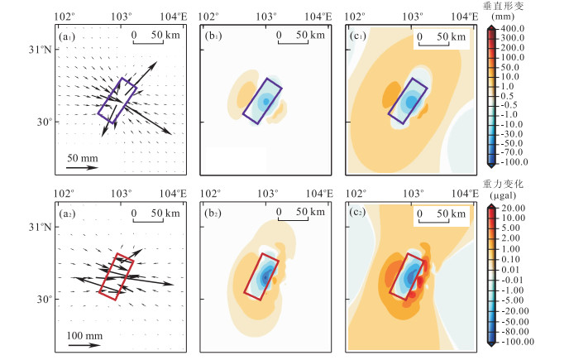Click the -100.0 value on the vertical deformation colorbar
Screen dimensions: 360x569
(516, 162)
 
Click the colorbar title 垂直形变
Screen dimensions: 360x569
(514, 6)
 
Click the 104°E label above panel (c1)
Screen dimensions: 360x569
(466, 16)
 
